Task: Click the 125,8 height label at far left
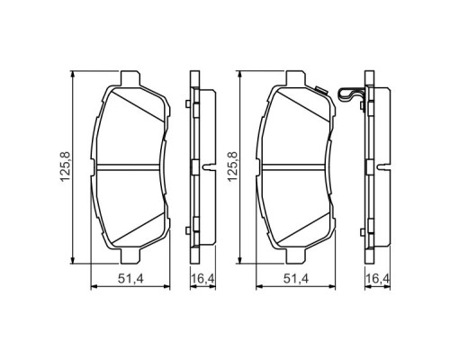coord(66,167)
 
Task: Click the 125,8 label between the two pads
coord(232,167)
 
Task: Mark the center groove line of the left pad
coord(132,168)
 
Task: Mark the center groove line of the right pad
coord(299,168)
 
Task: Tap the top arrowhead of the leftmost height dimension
coord(73,76)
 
